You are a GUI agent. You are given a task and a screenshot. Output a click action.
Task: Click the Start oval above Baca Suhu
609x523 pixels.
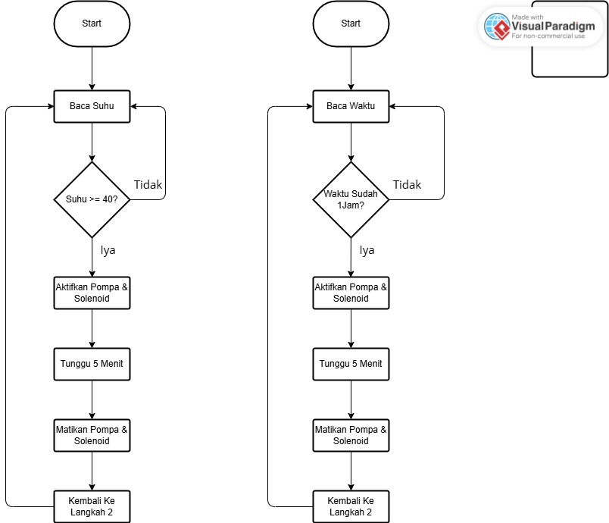click(92, 23)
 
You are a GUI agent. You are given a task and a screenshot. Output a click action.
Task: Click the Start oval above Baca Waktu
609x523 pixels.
click(351, 23)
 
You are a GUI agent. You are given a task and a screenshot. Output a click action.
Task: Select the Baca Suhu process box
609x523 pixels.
click(92, 106)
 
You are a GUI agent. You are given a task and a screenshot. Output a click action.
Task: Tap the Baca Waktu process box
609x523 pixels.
click(351, 106)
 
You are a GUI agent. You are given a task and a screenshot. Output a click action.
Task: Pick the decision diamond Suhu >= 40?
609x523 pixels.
click(92, 199)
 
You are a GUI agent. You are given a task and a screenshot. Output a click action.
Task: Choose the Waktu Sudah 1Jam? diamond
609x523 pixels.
click(351, 199)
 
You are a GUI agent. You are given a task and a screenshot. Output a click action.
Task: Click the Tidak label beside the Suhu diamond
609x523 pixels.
click(148, 184)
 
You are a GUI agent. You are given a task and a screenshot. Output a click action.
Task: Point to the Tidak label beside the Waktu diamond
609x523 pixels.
click(407, 184)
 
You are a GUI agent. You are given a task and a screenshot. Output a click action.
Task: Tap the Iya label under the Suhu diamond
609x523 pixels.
click(108, 250)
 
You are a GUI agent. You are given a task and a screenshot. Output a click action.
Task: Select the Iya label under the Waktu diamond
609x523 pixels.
click(367, 250)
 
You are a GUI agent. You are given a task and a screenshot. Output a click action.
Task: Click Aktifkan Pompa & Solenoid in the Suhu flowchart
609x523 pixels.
click(92, 293)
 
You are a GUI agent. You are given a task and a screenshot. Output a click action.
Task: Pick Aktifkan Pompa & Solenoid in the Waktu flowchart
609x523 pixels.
click(351, 293)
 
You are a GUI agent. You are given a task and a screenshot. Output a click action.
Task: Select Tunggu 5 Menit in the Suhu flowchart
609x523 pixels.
click(92, 364)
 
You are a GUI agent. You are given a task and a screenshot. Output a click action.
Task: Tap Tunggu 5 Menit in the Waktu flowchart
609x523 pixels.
click(351, 364)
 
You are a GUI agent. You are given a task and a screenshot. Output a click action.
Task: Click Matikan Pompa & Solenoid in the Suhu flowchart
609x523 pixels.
click(92, 435)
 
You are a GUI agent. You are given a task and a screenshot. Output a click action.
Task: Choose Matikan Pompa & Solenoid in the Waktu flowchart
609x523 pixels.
click(351, 435)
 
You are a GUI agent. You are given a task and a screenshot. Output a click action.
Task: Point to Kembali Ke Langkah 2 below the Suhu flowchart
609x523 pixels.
click(92, 506)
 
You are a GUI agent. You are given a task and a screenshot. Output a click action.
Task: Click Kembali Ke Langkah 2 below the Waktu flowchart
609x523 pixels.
click(351, 506)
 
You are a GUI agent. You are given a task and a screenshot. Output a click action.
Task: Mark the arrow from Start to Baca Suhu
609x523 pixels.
click(92, 69)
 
